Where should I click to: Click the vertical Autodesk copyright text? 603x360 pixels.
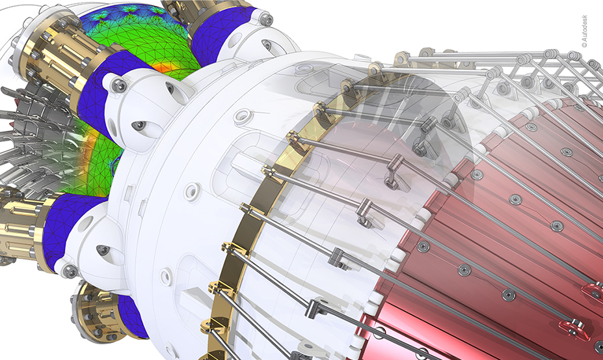pyautogui.click(x=585, y=31)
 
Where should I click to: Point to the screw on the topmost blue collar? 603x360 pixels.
pyautogui.click(x=265, y=18)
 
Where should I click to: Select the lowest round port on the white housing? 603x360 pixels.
pyautogui.click(x=166, y=277)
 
